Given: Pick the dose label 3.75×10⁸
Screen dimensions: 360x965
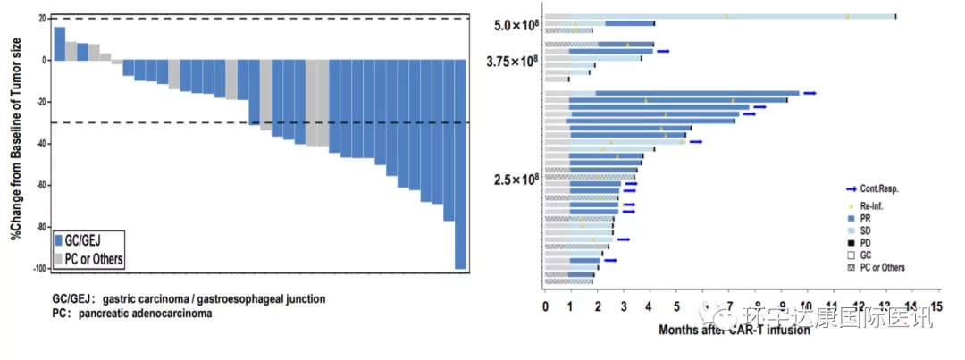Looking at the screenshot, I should coord(512,61).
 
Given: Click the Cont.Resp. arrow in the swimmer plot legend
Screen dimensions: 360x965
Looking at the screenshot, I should coord(852,189).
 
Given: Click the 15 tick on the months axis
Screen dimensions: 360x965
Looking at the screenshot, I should coord(936,306).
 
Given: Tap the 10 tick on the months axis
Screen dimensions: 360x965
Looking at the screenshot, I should coord(808,306).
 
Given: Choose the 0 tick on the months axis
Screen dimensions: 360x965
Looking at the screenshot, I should coord(545,306).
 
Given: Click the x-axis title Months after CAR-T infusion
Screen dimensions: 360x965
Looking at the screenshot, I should coord(734,330).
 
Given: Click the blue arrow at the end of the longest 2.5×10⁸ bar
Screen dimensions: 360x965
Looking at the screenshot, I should coord(810,93).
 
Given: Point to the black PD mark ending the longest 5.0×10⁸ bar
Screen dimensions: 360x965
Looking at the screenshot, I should coord(896,16).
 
